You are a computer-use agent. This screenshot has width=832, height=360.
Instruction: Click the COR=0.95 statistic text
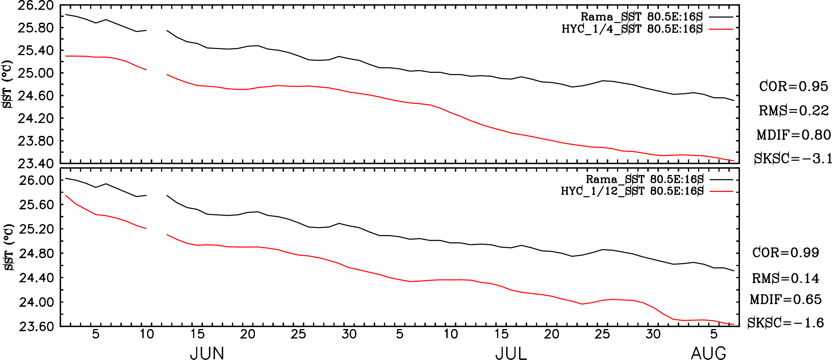click(793, 86)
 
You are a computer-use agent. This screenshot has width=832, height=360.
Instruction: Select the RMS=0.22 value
click(794, 111)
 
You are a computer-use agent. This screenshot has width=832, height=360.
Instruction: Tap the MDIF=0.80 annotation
click(794, 135)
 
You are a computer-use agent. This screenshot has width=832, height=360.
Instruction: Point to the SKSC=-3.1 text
click(793, 158)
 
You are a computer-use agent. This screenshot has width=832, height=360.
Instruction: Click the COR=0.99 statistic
click(786, 252)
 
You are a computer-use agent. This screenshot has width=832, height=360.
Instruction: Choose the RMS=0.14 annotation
click(786, 278)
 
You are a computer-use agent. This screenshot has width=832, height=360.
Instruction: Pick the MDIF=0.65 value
click(786, 300)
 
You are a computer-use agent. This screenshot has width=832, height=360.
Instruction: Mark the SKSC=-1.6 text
click(786, 323)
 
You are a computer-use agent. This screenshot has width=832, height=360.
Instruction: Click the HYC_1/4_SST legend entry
click(632, 29)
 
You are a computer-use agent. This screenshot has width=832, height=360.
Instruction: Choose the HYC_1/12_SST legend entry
click(632, 191)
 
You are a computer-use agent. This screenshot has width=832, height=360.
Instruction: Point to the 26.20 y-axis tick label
click(35, 5)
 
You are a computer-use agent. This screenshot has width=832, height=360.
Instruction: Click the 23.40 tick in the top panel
click(35, 163)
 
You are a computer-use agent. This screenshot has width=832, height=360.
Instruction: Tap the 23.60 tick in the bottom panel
click(36, 326)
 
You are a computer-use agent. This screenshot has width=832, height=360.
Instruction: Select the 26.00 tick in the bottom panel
click(36, 180)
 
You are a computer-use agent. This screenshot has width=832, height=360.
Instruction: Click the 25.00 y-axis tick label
click(35, 73)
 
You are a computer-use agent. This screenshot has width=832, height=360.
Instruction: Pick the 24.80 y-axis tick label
click(36, 253)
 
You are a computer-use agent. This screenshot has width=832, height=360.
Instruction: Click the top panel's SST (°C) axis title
click(7, 84)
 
